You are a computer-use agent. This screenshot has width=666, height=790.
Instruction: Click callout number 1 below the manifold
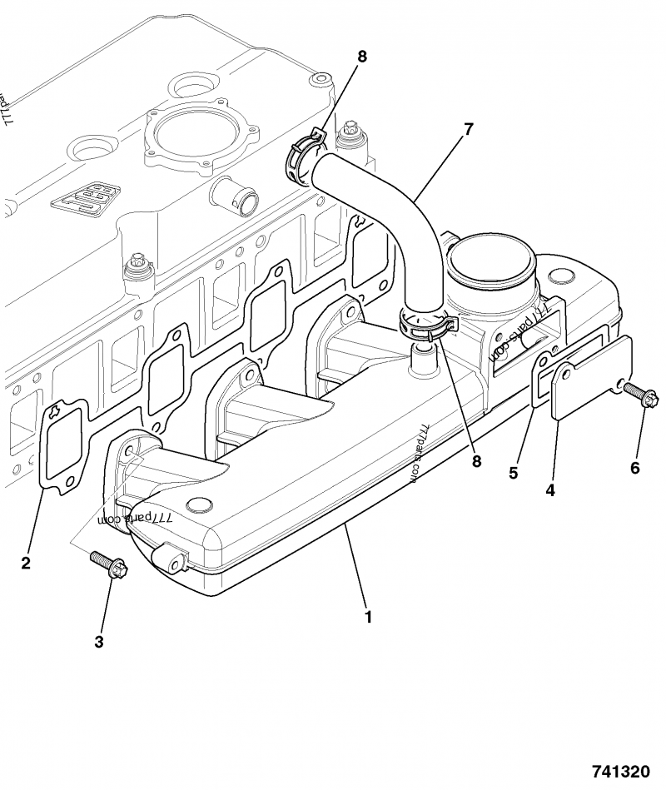pos(367,618)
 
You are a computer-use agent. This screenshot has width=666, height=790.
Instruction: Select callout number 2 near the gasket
pos(26,564)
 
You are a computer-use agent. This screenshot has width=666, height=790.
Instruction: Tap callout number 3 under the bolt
pos(99,641)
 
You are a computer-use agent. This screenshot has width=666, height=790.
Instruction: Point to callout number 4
pos(550,490)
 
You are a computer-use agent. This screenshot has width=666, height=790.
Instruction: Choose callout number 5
pos(514,473)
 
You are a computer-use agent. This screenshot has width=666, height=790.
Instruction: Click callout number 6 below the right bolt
pos(634,468)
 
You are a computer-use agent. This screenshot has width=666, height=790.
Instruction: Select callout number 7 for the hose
pos(468,129)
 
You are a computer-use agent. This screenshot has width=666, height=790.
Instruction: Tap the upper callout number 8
pos(361,57)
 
